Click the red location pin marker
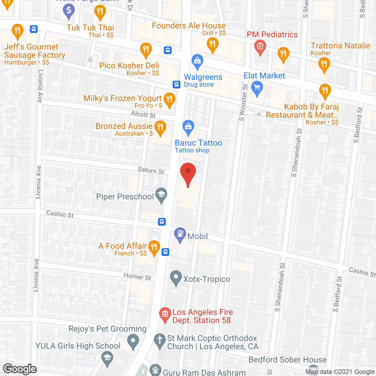(x=188, y=172)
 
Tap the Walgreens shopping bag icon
(x=197, y=61)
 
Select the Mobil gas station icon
(x=180, y=234)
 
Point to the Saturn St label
(x=151, y=170)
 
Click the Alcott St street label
(x=143, y=114)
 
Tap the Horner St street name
(x=137, y=276)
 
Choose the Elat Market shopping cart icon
(x=257, y=88)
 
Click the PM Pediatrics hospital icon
(x=260, y=47)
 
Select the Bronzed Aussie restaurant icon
(x=160, y=127)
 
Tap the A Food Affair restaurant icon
(x=154, y=247)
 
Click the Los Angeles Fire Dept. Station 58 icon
(x=165, y=314)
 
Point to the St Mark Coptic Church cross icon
(x=160, y=340)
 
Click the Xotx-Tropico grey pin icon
(x=176, y=277)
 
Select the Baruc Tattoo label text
(x=198, y=143)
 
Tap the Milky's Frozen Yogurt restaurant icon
(x=169, y=99)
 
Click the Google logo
(x=20, y=369)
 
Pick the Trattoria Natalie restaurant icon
(x=324, y=64)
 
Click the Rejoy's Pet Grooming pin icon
(x=133, y=341)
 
